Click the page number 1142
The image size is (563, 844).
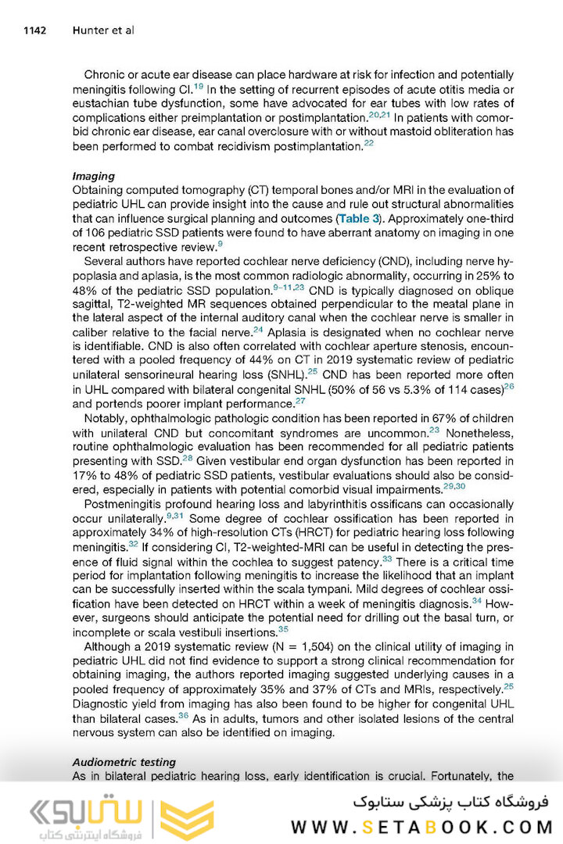pos(35,30)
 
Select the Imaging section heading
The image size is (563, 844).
pos(93,176)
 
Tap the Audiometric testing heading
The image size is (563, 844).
pos(124,761)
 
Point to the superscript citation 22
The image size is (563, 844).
pos(369,144)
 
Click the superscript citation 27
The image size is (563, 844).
pos(300,402)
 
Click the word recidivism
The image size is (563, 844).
pos(260,146)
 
